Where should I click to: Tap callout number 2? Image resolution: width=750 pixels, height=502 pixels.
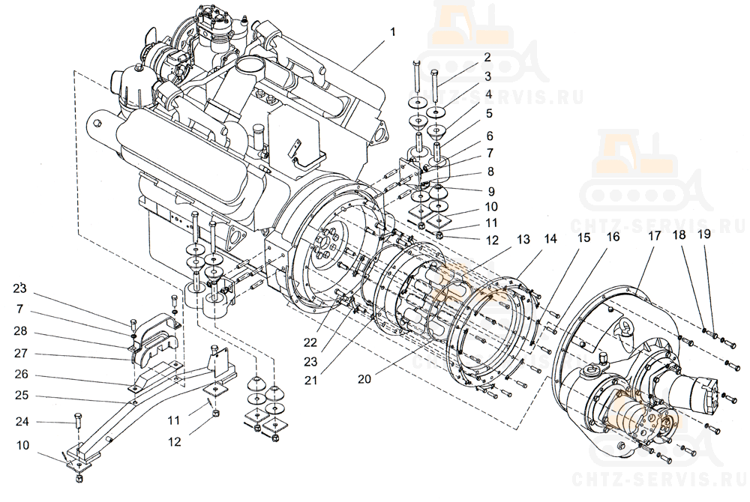coord(487,57)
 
